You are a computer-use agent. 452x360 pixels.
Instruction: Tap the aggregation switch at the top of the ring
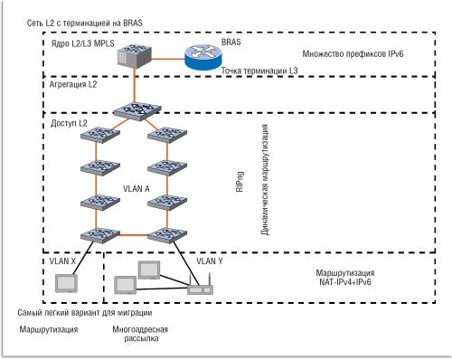[134, 110]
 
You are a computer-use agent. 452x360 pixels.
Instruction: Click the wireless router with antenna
[200, 288]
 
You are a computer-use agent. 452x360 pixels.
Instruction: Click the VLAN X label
[61, 261]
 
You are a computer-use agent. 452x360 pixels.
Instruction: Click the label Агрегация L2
[73, 84]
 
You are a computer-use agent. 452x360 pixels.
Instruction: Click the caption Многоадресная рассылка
[143, 335]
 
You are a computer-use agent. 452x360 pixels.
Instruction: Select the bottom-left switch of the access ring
[93, 232]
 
